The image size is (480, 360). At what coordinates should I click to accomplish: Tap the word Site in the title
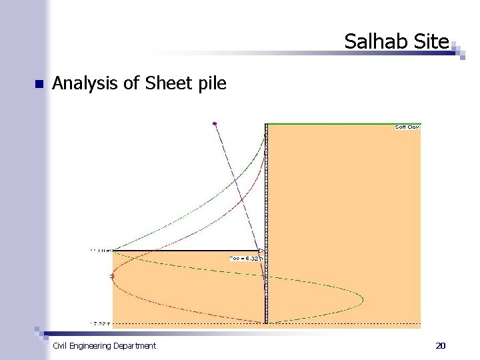pyautogui.click(x=431, y=42)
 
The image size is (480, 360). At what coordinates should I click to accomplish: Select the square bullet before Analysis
pyautogui.click(x=38, y=85)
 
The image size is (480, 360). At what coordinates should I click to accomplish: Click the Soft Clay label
pyautogui.click(x=407, y=127)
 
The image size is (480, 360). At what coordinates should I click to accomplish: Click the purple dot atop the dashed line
pyautogui.click(x=214, y=123)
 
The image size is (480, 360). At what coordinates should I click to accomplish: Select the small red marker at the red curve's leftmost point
pyautogui.click(x=112, y=276)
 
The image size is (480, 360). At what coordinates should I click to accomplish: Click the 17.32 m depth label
pyautogui.click(x=100, y=323)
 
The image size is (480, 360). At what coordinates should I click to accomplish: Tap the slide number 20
pyautogui.click(x=440, y=345)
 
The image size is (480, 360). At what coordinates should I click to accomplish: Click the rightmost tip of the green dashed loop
pyautogui.click(x=363, y=299)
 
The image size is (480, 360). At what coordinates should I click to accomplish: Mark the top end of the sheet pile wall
pyautogui.click(x=265, y=125)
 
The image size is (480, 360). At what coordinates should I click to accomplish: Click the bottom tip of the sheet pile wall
pyautogui.click(x=265, y=323)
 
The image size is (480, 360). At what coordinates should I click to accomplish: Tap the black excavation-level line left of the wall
pyautogui.click(x=187, y=251)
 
